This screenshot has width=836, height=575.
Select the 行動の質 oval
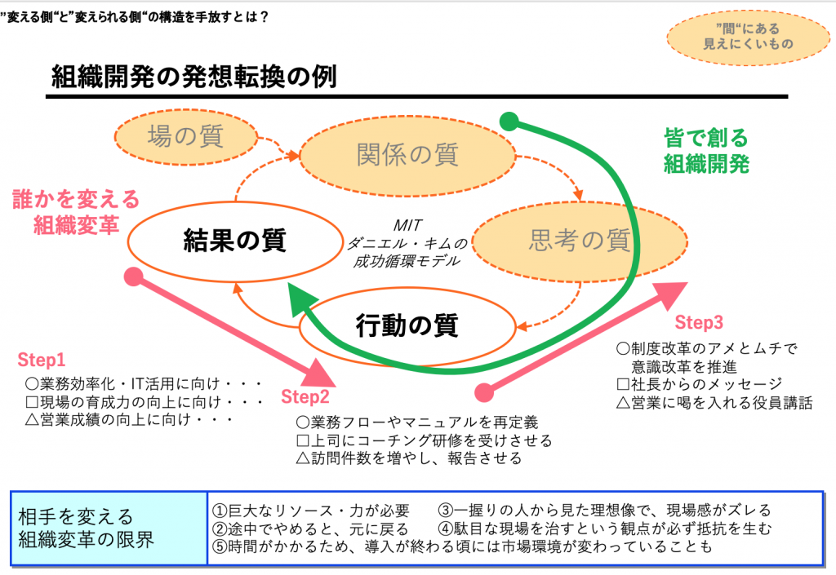point(407,325)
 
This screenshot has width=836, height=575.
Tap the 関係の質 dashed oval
point(407,154)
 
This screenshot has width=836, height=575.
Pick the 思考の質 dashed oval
point(580,240)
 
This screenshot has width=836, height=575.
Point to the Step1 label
point(42,360)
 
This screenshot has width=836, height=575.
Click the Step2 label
point(305,397)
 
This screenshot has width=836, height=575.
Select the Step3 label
point(699,321)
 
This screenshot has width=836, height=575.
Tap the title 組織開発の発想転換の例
point(194,77)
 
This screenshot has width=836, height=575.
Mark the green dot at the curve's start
point(509,123)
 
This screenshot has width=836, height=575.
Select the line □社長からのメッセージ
point(700,384)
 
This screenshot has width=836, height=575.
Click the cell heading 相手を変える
point(75,517)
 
